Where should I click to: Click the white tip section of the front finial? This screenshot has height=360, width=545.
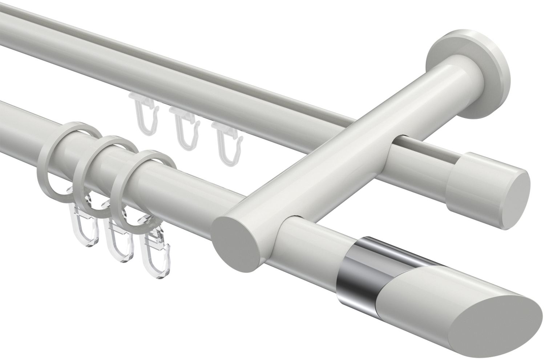429,291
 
